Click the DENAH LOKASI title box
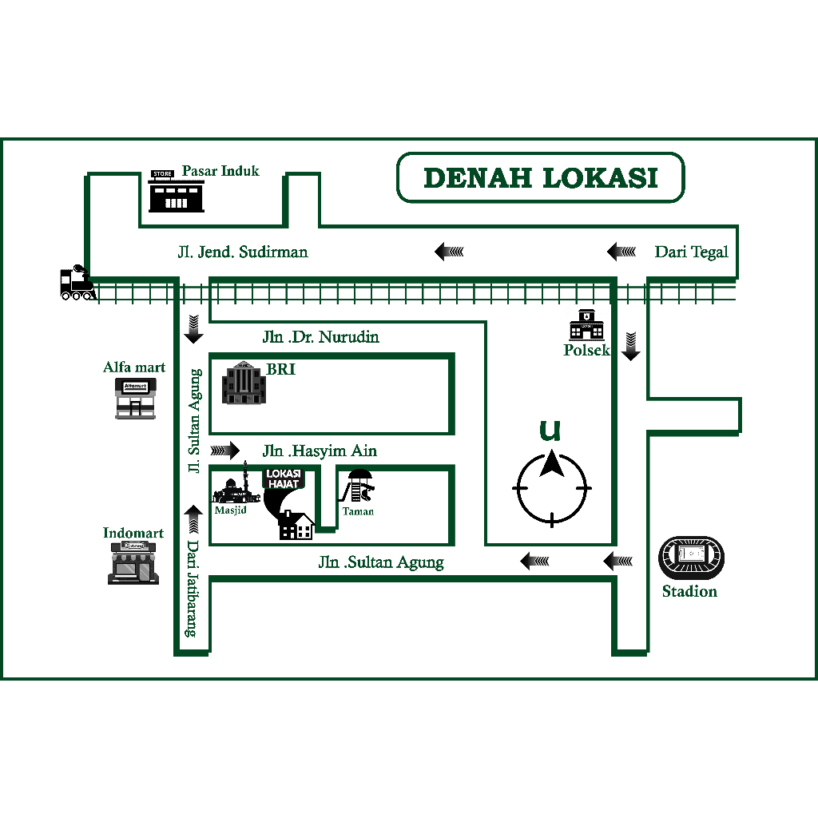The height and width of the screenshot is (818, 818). [541, 177]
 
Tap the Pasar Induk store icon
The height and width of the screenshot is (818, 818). [177, 191]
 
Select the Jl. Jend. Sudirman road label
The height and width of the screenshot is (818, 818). [243, 252]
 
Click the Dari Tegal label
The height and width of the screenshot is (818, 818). [691, 252]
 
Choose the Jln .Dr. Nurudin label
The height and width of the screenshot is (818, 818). [321, 337]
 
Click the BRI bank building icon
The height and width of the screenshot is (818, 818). [244, 383]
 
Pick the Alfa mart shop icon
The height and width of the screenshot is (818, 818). [136, 399]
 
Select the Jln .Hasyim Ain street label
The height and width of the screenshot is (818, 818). [320, 451]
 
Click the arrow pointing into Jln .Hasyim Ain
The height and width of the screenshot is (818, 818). [224, 451]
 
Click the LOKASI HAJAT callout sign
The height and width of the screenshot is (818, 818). [284, 478]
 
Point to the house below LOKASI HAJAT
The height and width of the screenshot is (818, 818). [296, 526]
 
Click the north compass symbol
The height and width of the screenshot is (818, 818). [552, 488]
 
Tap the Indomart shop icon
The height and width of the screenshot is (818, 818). [133, 563]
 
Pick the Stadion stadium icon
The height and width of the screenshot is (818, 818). [691, 558]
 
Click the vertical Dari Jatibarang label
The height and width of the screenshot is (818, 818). [193, 589]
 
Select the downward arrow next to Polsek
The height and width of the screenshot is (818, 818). [631, 346]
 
